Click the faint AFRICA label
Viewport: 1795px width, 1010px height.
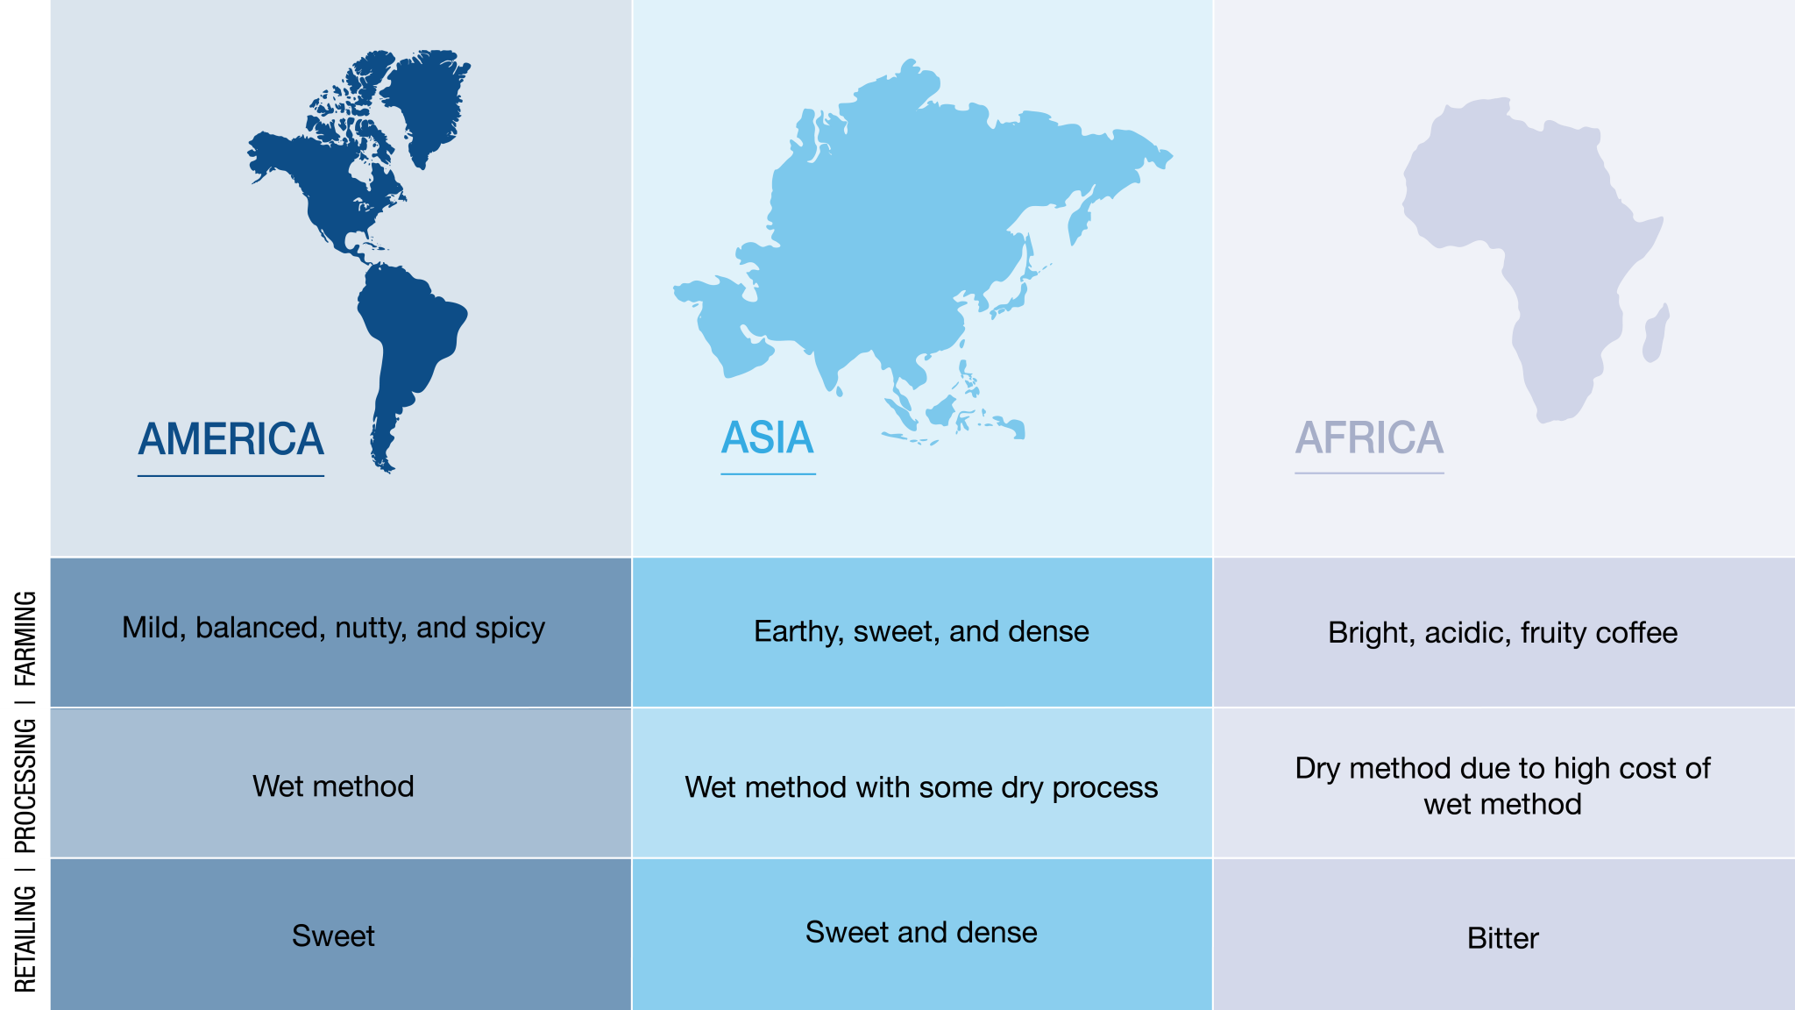1369,438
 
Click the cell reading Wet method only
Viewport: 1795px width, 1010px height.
333,786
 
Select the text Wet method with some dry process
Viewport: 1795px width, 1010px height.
921,787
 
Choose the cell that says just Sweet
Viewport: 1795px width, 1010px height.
333,936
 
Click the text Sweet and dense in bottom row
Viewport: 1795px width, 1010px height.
921,932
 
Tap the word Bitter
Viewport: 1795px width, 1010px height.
1502,939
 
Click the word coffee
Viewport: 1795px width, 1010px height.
1637,633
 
